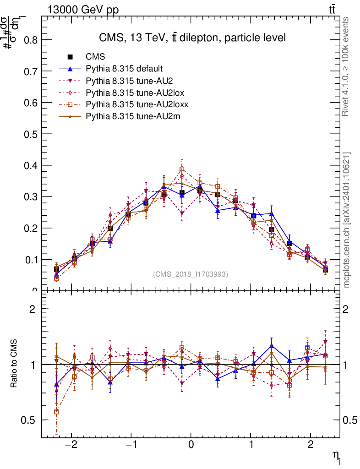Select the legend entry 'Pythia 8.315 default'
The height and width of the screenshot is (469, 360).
pos(124,69)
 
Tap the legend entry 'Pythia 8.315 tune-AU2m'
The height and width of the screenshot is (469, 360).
pos(133,116)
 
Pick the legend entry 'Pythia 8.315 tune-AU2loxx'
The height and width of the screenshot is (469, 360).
pos(137,104)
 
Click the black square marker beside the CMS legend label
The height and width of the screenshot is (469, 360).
pos(70,57)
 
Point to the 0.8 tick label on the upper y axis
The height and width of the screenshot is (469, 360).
pos(30,40)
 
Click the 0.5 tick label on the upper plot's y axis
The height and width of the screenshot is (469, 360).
pos(30,134)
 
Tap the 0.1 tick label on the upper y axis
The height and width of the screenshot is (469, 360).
pos(30,259)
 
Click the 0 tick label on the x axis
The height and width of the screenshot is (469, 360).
pos(191,445)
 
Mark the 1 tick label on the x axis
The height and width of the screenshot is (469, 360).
pos(251,445)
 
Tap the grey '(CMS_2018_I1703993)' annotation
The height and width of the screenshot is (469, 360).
pos(190,274)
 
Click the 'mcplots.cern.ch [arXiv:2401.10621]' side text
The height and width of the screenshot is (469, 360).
pos(347,220)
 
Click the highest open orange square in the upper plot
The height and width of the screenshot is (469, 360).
pos(182,169)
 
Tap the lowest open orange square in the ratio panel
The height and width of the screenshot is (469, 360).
pos(56,412)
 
